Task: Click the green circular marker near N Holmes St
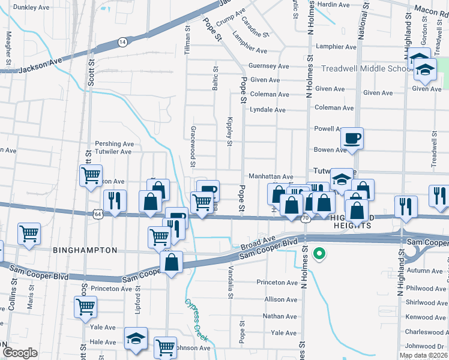tap(319, 254)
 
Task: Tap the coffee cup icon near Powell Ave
tap(352, 138)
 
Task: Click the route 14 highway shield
tap(122, 41)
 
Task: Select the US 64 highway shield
tap(97, 214)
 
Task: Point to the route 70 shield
tap(306, 218)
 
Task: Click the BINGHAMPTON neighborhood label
tap(85, 250)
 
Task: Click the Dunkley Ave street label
tap(31, 7)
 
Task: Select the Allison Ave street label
tap(280, 299)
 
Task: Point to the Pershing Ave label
tap(114, 144)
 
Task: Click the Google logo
tap(20, 352)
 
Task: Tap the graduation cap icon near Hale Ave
tap(136, 339)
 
